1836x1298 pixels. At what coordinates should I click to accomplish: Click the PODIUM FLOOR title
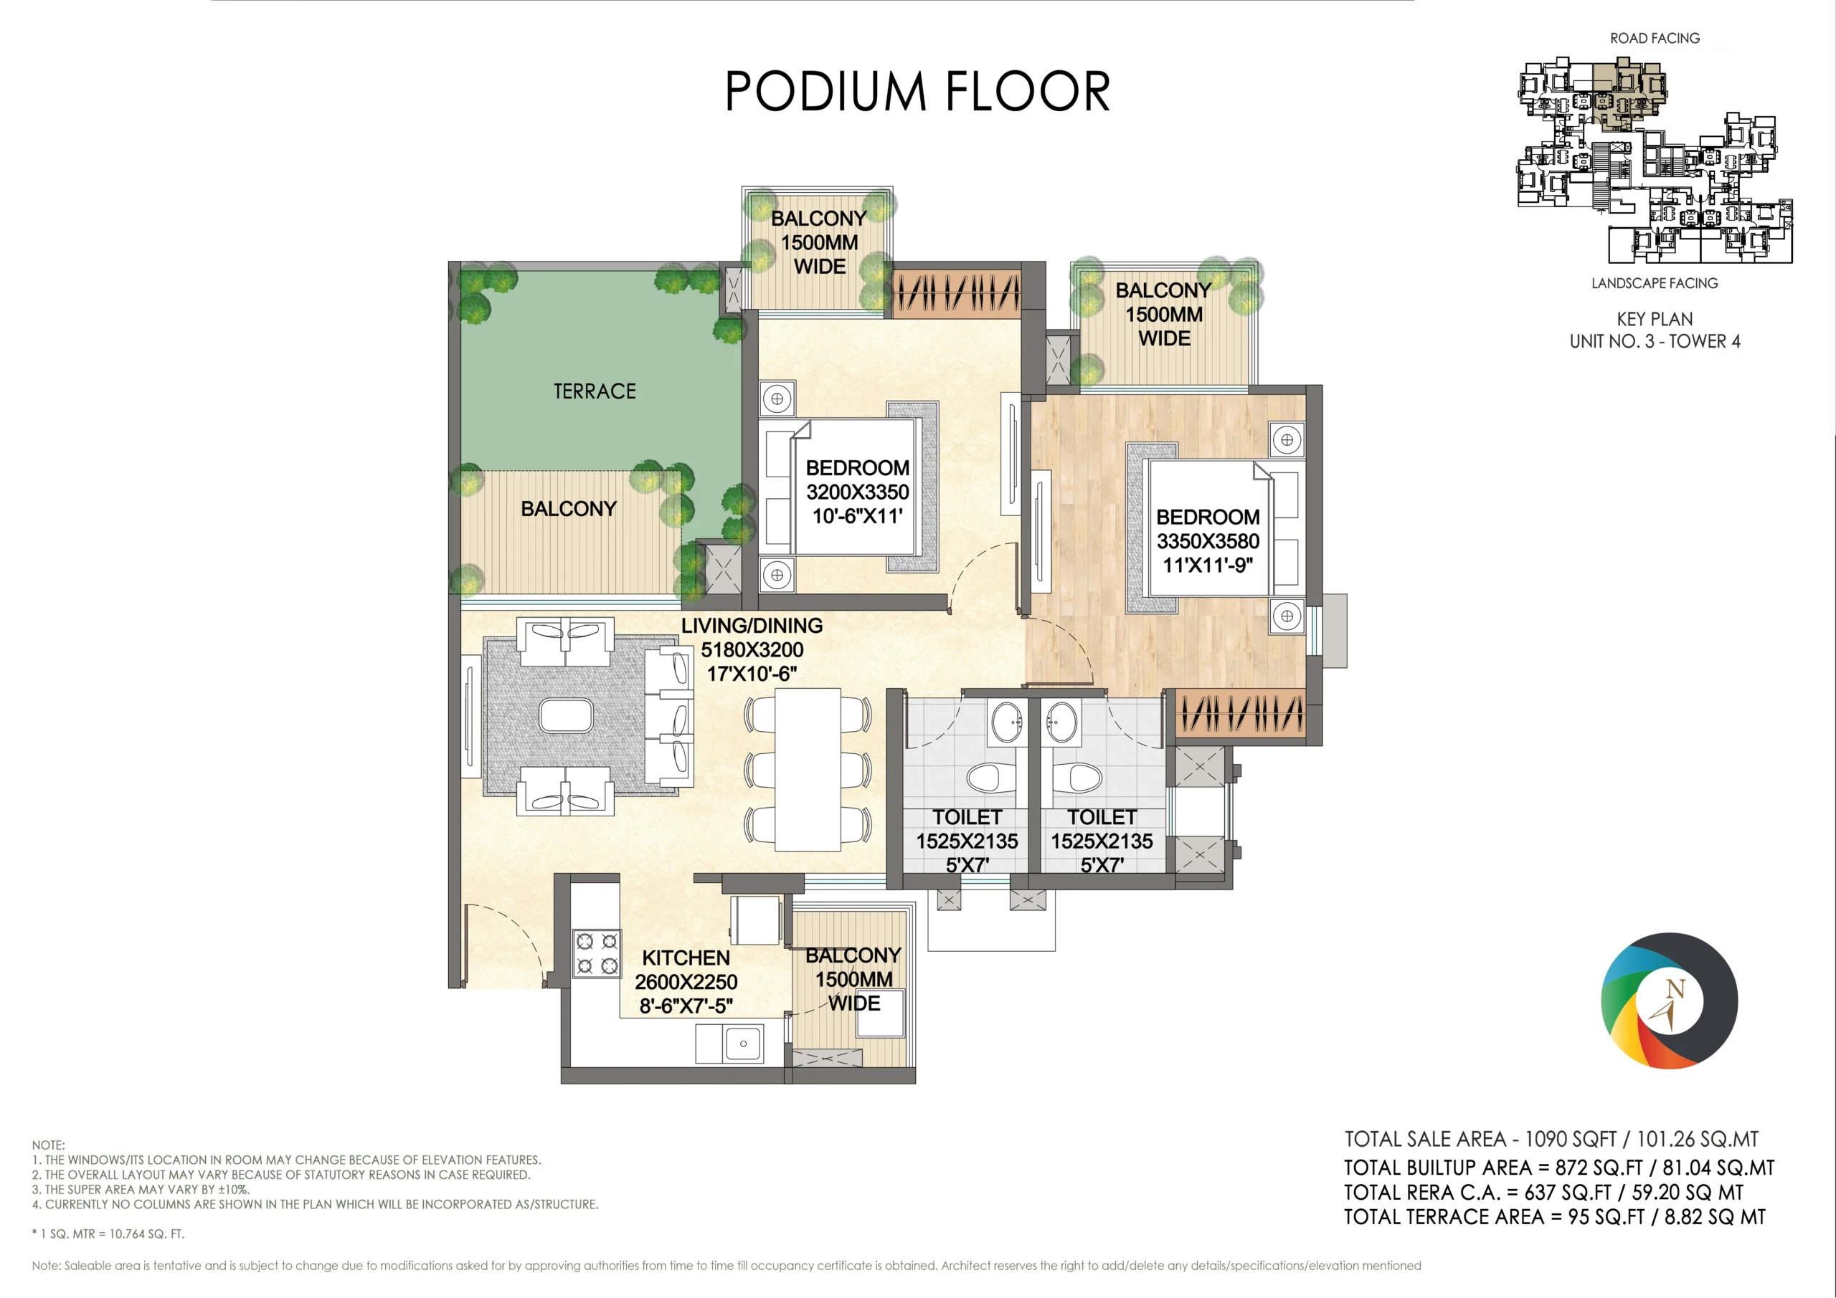coord(917,90)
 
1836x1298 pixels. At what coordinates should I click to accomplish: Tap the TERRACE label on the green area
coord(595,391)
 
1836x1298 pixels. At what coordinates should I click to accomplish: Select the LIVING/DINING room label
coord(752,626)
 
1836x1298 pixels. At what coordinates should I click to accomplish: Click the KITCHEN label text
coord(686,958)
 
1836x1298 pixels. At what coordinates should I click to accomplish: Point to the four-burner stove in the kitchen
coord(597,953)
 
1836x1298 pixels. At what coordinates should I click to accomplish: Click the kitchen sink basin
coord(743,1044)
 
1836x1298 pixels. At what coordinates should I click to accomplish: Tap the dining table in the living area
coord(808,770)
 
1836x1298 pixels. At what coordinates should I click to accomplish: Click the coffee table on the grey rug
coord(566,716)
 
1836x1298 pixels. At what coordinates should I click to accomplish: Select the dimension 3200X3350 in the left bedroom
coord(857,492)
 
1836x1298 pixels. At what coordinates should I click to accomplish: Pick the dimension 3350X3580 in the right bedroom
coord(1208,541)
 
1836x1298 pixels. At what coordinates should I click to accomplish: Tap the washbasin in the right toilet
coord(1063,722)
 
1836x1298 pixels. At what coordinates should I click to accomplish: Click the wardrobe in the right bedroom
coord(1240,712)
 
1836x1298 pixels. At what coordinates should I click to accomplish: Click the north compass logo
coord(1669,1001)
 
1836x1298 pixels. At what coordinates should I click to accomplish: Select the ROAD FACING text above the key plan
coord(1655,39)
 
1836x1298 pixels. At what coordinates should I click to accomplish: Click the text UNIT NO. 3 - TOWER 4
coord(1655,341)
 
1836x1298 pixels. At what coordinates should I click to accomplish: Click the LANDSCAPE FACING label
coord(1655,283)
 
